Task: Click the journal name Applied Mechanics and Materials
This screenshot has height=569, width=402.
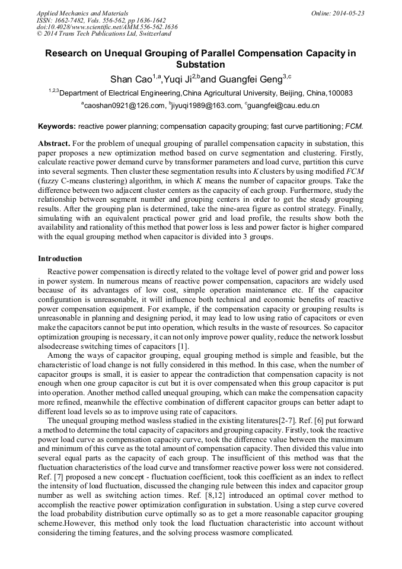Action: (81, 13)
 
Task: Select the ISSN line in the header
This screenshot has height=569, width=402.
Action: (101, 20)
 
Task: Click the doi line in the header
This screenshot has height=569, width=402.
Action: (107, 27)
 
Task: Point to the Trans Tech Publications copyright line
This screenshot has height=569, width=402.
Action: (104, 34)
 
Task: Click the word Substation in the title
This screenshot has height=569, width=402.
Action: (201, 64)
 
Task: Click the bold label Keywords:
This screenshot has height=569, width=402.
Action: (56, 126)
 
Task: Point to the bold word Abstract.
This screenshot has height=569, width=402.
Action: (54, 144)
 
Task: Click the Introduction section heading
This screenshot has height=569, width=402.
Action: (60, 259)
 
